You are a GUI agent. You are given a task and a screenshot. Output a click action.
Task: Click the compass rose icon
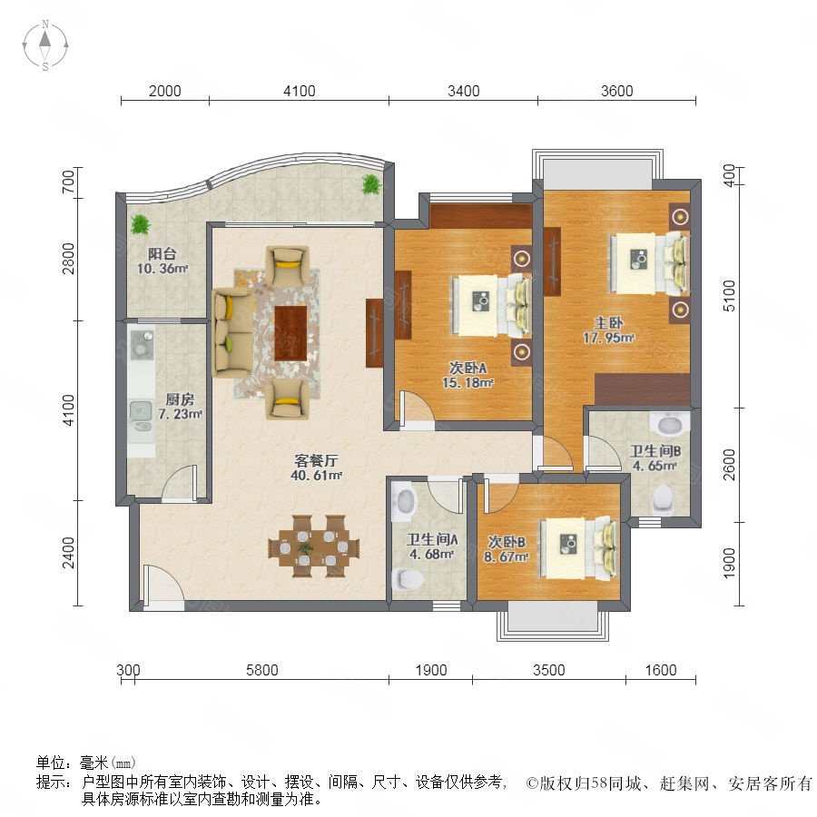(x=45, y=45)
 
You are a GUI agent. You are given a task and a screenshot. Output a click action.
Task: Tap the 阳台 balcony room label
(x=162, y=261)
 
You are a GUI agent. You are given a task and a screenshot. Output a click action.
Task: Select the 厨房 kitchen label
(x=180, y=407)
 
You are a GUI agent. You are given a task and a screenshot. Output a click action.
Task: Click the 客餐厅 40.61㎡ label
(x=316, y=468)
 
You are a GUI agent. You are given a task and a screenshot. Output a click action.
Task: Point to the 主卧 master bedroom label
(x=608, y=330)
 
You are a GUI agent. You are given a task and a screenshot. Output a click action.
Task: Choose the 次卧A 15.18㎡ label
(x=468, y=375)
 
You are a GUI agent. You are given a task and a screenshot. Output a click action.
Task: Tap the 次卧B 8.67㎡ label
(x=506, y=549)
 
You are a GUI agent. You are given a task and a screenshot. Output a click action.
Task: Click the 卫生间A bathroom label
(x=431, y=546)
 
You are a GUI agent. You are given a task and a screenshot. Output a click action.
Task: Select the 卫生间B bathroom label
(x=655, y=458)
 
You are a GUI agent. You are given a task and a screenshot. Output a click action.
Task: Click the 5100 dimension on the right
(x=730, y=295)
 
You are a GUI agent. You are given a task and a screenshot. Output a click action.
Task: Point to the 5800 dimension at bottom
(x=261, y=670)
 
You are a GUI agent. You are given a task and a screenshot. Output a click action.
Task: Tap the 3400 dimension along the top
(x=463, y=91)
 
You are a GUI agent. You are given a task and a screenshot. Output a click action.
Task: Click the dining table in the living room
(x=314, y=546)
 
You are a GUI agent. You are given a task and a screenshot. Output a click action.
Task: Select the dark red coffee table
(x=290, y=333)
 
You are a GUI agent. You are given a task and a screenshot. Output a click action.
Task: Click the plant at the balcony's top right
(x=371, y=184)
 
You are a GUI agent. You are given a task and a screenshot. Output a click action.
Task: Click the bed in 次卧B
(x=578, y=547)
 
